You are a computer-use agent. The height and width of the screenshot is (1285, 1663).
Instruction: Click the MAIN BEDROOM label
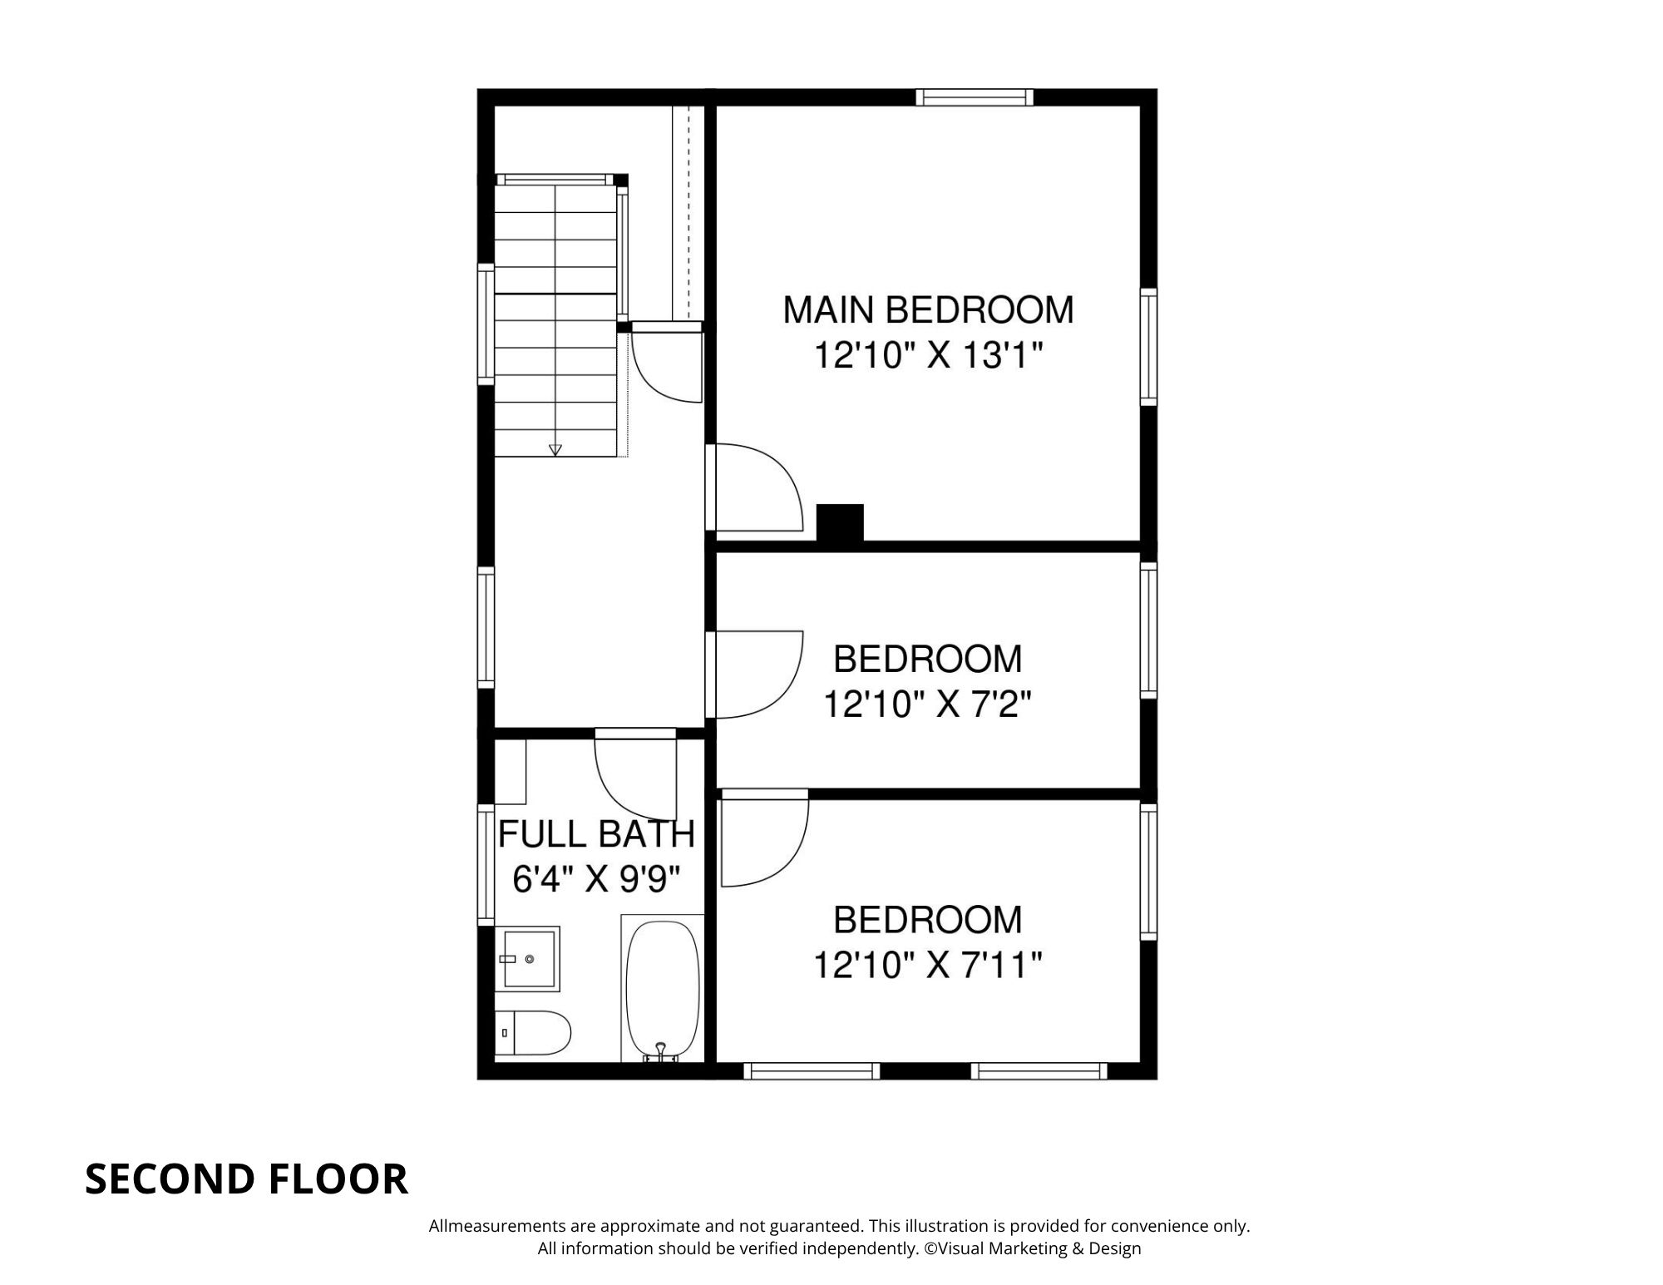click(928, 309)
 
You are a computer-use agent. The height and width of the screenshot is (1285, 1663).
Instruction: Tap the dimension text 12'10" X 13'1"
click(928, 357)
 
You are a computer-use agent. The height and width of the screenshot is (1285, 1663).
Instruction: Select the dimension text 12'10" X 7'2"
click(928, 705)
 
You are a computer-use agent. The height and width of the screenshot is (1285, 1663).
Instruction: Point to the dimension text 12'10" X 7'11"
click(928, 966)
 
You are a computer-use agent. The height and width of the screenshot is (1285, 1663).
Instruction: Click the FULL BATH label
click(596, 833)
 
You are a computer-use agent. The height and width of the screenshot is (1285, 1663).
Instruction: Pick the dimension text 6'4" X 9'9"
click(596, 879)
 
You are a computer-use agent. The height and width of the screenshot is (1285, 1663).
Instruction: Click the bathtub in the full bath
click(663, 990)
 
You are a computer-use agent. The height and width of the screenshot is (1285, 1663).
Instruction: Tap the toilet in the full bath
click(534, 1032)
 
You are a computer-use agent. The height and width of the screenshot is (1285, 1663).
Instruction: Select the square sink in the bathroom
click(529, 958)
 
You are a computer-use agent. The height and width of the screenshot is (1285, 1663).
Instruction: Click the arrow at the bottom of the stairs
click(555, 450)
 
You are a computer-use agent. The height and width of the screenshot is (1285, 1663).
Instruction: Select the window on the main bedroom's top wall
click(975, 98)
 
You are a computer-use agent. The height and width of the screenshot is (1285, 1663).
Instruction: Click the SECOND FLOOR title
click(246, 1179)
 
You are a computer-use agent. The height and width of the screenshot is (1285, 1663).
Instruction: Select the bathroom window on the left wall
click(486, 865)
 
